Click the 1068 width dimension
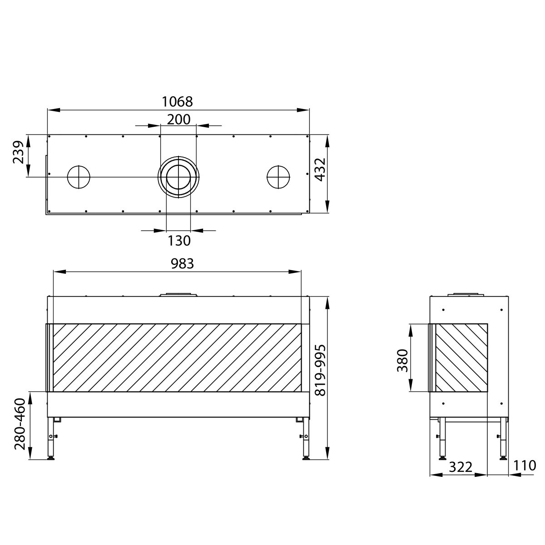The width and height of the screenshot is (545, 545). point(178,101)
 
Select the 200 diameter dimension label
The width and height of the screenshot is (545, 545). point(178,119)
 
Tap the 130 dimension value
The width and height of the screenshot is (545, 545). point(179,240)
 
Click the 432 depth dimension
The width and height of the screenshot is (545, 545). point(320,169)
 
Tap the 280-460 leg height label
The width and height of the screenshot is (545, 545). point(20,425)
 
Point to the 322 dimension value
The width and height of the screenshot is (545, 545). point(461,466)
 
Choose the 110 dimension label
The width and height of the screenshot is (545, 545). point(525,466)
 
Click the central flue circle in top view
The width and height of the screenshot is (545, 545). point(178,177)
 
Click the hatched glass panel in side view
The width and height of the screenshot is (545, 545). point(461,357)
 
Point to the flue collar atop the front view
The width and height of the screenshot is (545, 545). point(178,294)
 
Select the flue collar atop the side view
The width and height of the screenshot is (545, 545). point(463,294)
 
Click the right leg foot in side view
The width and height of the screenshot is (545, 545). point(503,458)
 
